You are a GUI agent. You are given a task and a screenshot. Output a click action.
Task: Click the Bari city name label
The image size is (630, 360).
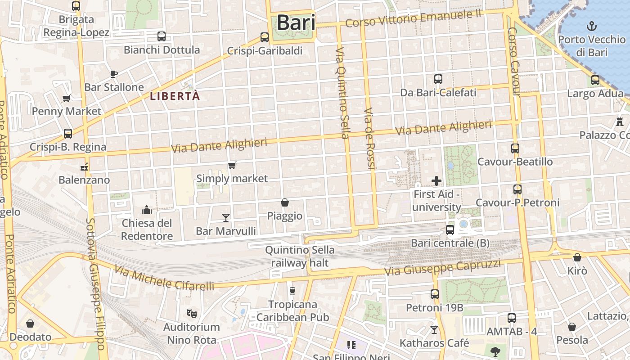296,22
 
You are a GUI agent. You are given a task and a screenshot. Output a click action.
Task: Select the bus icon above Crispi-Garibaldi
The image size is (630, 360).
265,37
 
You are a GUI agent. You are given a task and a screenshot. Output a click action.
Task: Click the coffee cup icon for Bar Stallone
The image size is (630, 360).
114,74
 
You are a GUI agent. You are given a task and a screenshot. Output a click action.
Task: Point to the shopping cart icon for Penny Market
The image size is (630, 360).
66,98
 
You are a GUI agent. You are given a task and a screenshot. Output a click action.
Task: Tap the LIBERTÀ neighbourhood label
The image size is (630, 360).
175,96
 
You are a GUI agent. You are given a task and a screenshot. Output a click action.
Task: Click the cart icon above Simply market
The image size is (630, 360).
232,166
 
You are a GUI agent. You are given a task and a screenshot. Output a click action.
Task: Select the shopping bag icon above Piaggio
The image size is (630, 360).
284,202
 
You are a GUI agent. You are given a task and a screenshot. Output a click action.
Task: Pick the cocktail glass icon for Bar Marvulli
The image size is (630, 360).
226,218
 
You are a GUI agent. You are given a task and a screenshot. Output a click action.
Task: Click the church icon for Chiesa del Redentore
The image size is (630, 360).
147,210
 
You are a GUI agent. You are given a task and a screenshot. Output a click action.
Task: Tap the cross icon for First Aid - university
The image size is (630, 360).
436,181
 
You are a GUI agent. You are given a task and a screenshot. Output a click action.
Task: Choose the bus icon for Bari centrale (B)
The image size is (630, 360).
450,230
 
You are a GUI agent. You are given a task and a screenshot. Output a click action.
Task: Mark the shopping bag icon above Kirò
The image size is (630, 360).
577,257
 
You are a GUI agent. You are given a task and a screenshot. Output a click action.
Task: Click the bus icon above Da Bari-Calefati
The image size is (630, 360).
438,79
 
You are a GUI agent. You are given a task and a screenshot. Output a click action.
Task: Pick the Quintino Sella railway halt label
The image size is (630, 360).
300,256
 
